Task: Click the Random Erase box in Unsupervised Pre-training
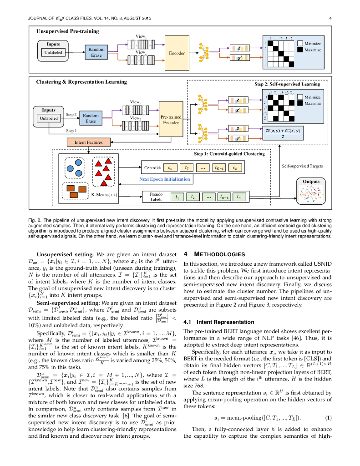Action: (x=96, y=52)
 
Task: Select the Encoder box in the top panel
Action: (x=177, y=53)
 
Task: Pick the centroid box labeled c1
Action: (x=169, y=168)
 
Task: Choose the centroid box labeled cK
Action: (x=235, y=168)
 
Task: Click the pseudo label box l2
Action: (x=193, y=197)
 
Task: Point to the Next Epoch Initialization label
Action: (x=164, y=179)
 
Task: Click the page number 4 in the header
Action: (x=330, y=18)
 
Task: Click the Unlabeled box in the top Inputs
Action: (x=53, y=53)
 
